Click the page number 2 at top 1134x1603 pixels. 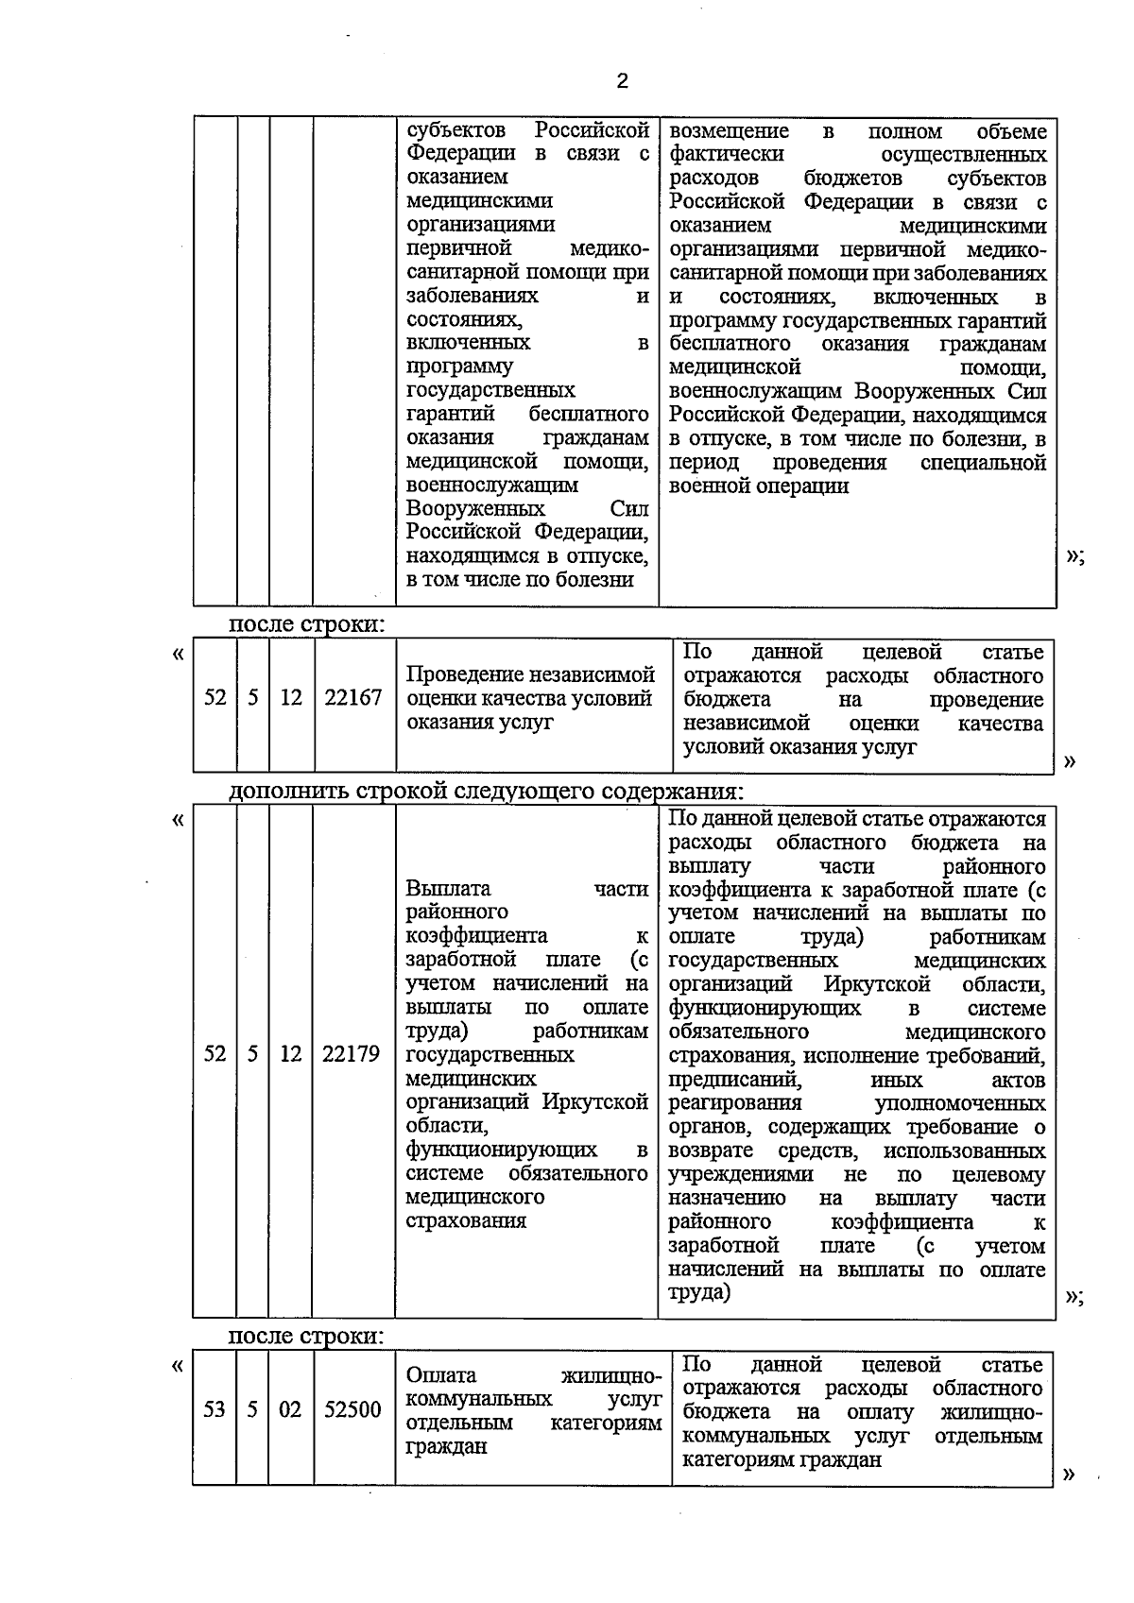[621, 81]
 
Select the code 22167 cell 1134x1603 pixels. [352, 698]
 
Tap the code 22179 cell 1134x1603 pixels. [351, 1054]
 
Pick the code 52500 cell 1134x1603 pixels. [352, 1410]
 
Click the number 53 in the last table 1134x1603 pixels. [215, 1410]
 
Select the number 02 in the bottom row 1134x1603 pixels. [290, 1410]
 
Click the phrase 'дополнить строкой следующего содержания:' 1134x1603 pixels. [486, 791]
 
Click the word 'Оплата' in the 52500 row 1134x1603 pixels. [441, 1375]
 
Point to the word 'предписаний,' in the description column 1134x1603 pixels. [734, 1080]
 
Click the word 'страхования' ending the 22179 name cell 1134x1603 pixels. [466, 1220]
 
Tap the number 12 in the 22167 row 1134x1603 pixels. [290, 698]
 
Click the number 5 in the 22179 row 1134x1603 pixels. [252, 1054]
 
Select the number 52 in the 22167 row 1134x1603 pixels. [215, 698]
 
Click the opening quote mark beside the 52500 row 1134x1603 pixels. [178, 1366]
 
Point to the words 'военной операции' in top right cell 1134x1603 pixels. [759, 486]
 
